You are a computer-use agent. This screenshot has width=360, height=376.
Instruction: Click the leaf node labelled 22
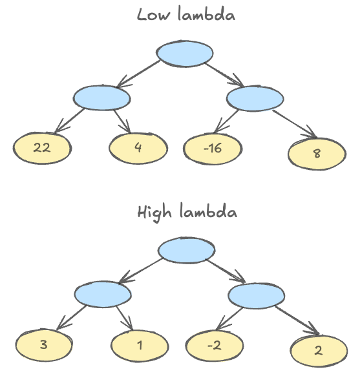tap(41, 148)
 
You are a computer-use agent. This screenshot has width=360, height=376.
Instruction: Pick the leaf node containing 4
tap(138, 148)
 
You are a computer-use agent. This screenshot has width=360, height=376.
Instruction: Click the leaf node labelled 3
tap(43, 344)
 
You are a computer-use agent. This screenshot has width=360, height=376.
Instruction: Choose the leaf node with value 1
tap(140, 344)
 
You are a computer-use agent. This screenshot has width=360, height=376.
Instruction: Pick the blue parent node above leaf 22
tap(101, 98)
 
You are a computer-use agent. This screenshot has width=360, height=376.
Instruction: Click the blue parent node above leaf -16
tap(256, 98)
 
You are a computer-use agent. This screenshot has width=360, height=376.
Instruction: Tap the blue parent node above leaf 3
tap(102, 295)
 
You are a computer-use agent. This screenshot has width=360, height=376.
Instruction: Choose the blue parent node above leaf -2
tap(257, 295)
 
